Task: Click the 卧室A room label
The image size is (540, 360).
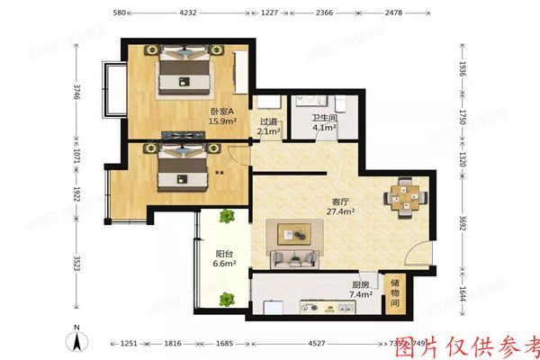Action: coord(222,111)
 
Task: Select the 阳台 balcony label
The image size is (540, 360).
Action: coord(223,253)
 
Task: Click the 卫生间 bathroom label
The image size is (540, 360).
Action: coord(324,117)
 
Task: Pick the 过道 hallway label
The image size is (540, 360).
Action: coord(268,121)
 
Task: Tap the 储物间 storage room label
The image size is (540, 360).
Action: coord(395,294)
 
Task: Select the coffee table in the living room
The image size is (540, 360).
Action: coord(292,236)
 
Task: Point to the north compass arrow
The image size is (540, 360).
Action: coord(78,340)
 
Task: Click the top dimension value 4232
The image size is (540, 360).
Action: coord(188,13)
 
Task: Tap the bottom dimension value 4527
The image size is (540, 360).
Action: coord(315,343)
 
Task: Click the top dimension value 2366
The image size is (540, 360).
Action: coord(324,13)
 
